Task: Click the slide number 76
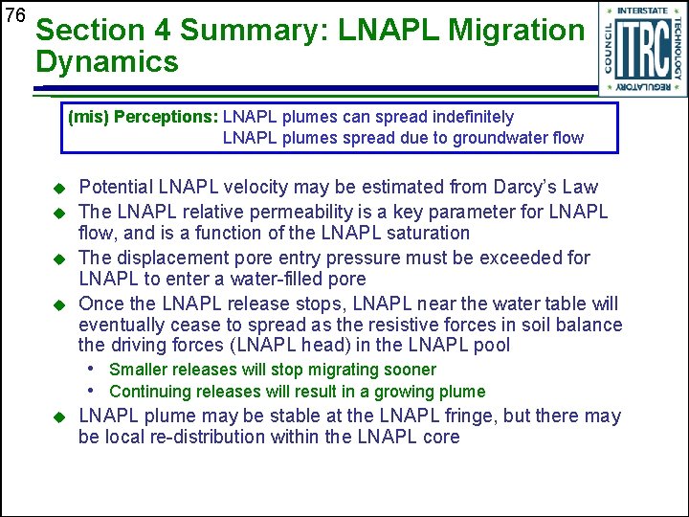14,16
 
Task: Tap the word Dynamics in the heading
107,63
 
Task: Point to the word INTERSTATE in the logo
642,11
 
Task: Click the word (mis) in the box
85,117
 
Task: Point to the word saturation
423,233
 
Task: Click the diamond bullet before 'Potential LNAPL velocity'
58,188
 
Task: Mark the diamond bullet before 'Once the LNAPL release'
58,304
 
